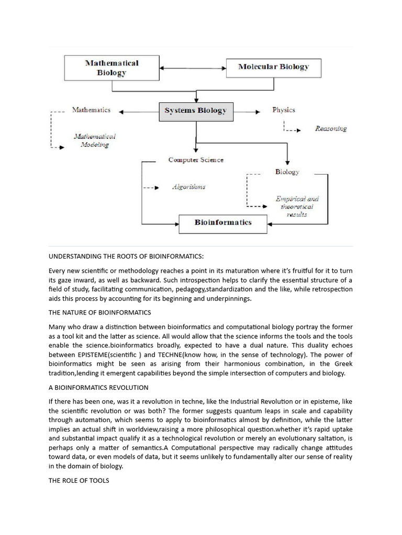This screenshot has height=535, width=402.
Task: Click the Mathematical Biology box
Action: click(111, 68)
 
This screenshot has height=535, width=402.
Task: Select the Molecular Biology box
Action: click(273, 67)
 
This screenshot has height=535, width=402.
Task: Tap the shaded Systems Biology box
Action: click(196, 111)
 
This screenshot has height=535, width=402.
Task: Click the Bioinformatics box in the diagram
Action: click(223, 223)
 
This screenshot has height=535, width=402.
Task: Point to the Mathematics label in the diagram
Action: click(91, 110)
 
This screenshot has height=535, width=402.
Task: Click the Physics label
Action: click(284, 110)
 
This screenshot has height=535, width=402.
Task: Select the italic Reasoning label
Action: click(330, 129)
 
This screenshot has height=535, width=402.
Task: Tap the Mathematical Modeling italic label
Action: click(95, 141)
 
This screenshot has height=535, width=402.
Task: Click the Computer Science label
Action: click(196, 160)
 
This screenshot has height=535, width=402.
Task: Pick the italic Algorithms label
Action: click(188, 187)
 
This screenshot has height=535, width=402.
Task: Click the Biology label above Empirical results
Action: click(287, 172)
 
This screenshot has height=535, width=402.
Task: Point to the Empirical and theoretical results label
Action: click(297, 206)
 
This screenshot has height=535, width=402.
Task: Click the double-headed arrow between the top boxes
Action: click(192, 68)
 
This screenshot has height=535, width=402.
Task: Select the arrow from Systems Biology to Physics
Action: click(246, 111)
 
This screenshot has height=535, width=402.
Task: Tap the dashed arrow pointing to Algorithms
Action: click(151, 188)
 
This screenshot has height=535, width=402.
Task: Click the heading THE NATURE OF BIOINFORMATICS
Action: click(99, 312)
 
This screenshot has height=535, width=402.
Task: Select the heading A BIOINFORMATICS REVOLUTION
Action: click(98, 388)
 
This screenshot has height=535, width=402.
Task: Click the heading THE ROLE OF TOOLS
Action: click(79, 481)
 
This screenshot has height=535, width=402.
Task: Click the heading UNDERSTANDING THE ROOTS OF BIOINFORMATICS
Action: click(126, 256)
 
